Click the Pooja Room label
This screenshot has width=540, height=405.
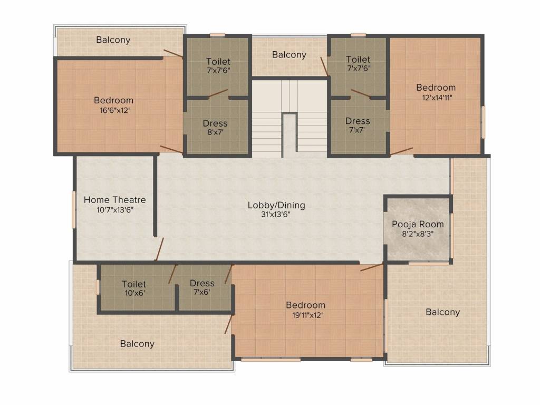point(418,224)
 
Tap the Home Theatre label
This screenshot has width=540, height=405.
point(114,200)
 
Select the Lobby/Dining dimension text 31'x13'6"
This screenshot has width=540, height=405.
point(276,215)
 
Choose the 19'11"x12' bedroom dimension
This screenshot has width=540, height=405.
point(305,315)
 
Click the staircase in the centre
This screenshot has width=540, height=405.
point(289,119)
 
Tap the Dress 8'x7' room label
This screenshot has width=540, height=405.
point(215,123)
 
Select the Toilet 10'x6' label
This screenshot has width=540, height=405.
point(134,284)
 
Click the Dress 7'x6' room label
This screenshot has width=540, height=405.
point(202,283)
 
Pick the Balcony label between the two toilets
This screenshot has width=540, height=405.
point(289,55)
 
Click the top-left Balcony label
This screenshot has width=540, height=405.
point(113,40)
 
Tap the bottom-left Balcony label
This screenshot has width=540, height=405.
point(137,344)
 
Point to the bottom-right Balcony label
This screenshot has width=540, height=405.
point(442,312)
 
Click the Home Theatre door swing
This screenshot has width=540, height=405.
point(159,249)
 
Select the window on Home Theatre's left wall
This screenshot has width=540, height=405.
point(74,210)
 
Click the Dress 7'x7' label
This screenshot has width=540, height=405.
point(358,121)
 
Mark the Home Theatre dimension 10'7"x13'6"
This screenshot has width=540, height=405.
point(114,210)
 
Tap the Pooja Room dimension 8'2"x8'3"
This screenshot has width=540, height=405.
point(417,234)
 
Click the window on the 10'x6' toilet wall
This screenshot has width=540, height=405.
point(98,287)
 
